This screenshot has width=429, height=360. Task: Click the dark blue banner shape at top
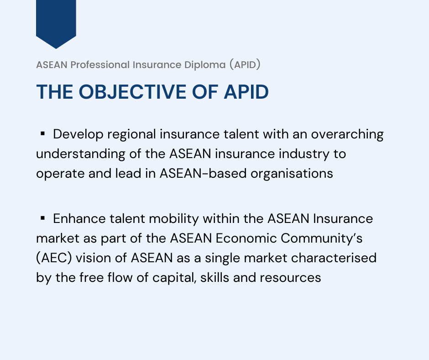point(56,21)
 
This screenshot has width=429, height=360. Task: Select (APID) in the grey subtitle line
point(245,65)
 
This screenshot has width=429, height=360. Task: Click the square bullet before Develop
point(42,134)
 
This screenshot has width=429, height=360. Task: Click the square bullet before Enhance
point(42,218)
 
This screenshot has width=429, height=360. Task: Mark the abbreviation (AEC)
point(54,258)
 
